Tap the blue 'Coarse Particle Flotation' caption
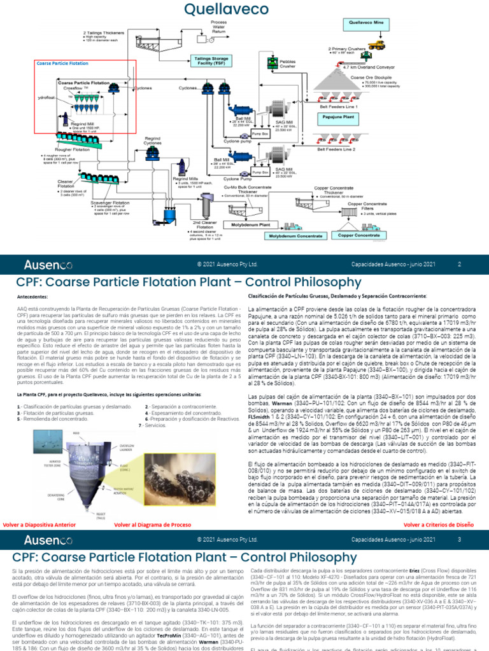click(63, 64)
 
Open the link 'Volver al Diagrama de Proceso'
click(152, 525)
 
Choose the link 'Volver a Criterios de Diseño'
click(439, 525)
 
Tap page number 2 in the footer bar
click(459, 264)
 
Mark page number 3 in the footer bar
click(459, 540)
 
